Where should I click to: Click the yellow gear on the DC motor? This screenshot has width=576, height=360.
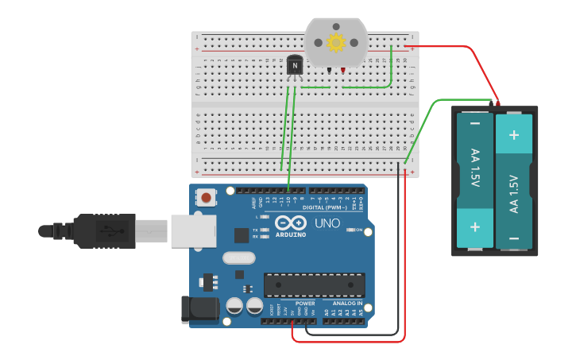(336, 41)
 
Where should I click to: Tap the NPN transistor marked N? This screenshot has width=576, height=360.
(295, 65)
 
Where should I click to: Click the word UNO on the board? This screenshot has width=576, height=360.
(327, 223)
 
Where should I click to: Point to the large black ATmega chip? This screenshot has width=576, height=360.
(314, 285)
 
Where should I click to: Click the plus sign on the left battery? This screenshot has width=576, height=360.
(475, 226)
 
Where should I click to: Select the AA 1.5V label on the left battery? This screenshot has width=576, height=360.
(475, 167)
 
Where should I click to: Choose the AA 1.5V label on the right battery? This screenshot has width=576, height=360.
(514, 193)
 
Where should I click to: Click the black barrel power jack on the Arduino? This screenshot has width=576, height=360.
(199, 310)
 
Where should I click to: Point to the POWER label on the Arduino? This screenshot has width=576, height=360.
(305, 303)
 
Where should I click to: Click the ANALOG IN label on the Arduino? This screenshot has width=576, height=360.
(348, 303)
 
